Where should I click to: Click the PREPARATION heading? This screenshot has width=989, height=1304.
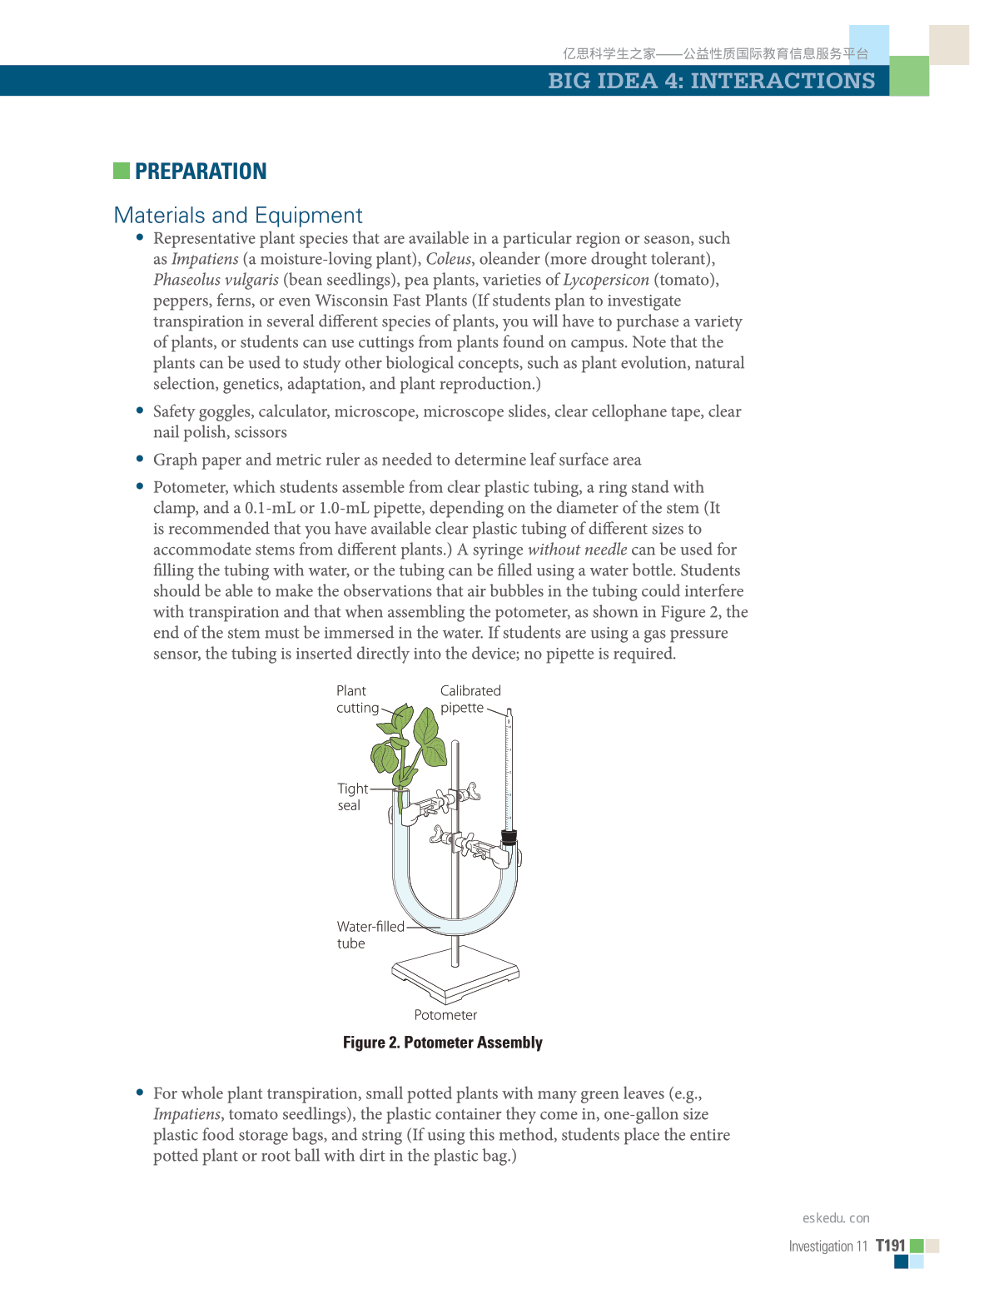201,172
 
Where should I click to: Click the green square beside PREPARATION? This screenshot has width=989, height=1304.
122,171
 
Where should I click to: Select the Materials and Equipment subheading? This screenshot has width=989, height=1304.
238,216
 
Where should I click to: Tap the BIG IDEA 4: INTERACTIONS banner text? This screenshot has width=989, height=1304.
711,81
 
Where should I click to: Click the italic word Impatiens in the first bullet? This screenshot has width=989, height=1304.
205,259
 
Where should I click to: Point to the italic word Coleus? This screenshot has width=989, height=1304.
449,259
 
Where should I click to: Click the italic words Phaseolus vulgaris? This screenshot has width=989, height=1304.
216,280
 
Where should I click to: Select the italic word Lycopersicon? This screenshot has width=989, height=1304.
606,280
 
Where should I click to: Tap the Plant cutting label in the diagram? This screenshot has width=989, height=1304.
357,699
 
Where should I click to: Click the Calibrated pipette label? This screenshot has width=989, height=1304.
470,699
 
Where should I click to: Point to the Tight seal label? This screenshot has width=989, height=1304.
351,797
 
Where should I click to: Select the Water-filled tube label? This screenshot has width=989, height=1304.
370,934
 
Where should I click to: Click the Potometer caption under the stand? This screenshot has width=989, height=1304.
445,1015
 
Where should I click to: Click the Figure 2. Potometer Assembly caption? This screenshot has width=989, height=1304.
442,1043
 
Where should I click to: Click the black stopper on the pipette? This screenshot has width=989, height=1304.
509,837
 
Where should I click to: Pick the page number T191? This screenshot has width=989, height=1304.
890,1246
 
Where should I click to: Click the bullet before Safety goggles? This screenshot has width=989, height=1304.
140,411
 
